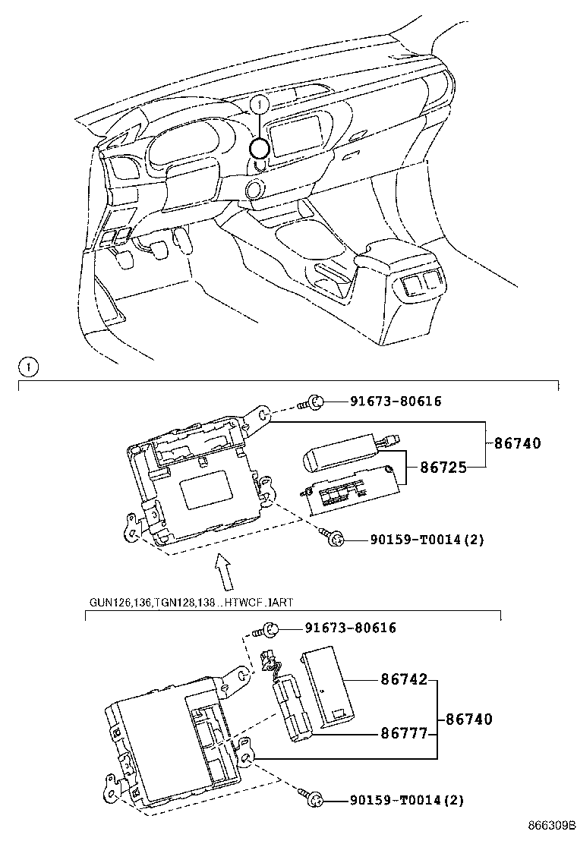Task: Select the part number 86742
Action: [403, 680]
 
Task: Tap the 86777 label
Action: [403, 734]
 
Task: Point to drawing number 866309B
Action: [550, 825]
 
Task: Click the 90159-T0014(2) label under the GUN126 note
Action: [406, 800]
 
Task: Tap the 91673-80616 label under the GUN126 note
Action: [350, 628]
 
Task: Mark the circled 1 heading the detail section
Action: [27, 368]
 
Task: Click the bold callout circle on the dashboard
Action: [260, 149]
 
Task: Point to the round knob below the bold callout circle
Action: [254, 188]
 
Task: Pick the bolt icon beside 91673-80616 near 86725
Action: [317, 402]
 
